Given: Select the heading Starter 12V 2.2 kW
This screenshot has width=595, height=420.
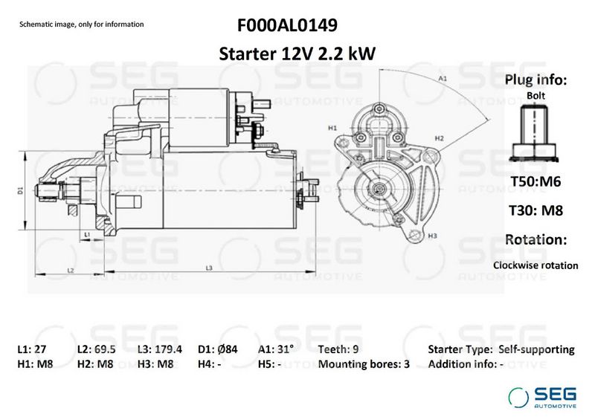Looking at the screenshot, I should tap(296, 54).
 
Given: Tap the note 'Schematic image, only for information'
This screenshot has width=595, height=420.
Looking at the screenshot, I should tap(81, 25).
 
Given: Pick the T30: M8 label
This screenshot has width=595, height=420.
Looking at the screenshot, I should tap(535, 210).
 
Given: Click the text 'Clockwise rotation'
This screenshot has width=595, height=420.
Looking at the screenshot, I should tap(535, 265).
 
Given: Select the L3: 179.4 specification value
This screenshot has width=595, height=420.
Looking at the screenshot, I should tap(160, 349).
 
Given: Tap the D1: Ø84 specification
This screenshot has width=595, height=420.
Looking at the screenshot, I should tap(217, 349).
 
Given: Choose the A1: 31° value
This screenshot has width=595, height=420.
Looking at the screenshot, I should tap(276, 349).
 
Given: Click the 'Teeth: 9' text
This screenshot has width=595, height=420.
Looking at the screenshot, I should tap(340, 349).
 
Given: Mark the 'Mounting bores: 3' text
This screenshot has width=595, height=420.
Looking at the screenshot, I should tap(363, 365).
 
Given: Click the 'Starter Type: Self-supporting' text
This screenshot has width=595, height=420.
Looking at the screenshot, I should tap(501, 349).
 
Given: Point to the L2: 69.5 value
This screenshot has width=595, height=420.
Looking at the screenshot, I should tap(98, 349).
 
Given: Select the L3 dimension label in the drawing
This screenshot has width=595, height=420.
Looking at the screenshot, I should tap(209, 268).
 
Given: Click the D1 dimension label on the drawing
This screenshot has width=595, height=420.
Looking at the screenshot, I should tap(21, 191).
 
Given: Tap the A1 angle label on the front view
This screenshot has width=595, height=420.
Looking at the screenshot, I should tap(443, 78).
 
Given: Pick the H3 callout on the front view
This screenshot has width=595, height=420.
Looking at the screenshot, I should tap(432, 236).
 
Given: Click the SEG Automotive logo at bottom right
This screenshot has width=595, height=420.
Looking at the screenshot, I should tap(541, 398).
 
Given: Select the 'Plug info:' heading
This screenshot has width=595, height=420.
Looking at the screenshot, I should tap(535, 80).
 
